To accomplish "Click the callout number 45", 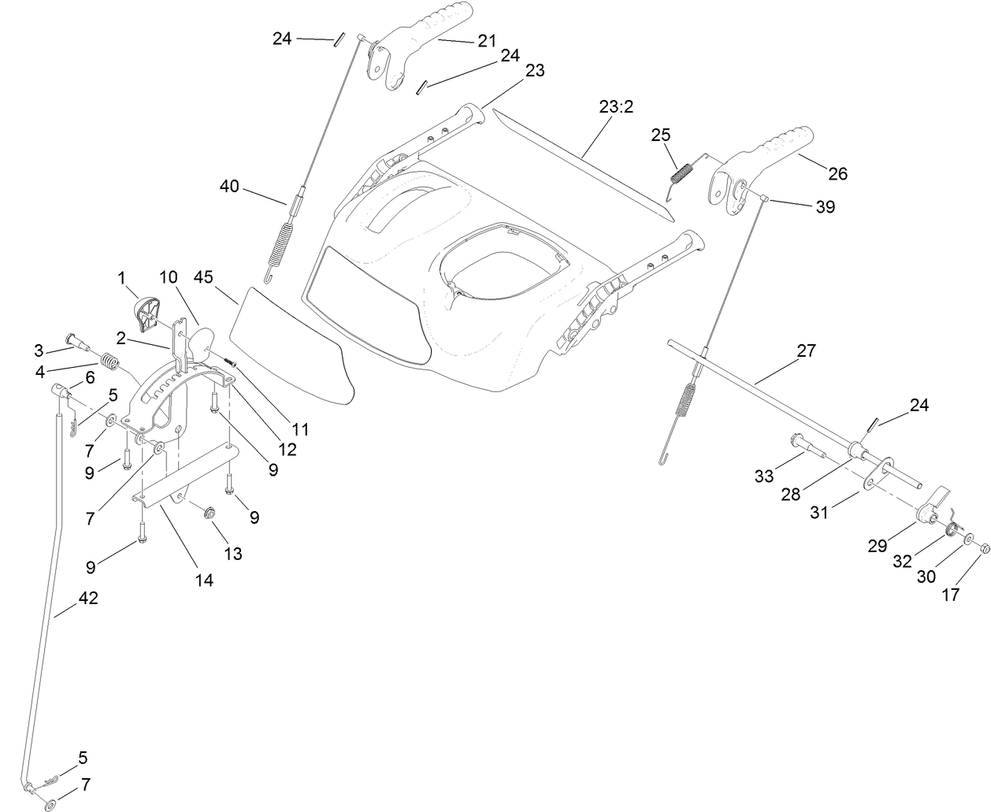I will (x=204, y=278).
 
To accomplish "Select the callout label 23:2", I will (x=616, y=107).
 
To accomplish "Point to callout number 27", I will (x=807, y=350).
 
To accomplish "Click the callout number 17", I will (x=951, y=595).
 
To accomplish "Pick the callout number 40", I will (x=229, y=187).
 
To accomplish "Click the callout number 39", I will (x=826, y=206).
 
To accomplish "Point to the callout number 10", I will (x=169, y=277).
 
